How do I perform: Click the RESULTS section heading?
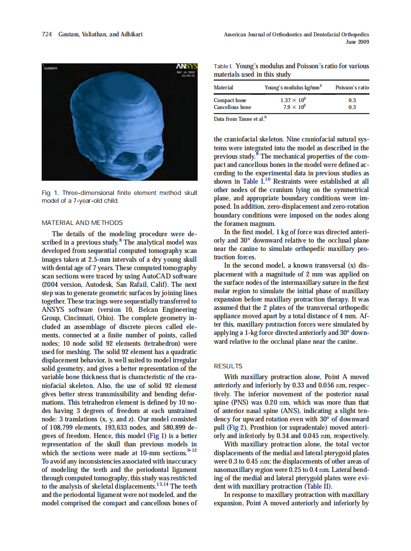(228, 366)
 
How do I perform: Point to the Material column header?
(223, 87)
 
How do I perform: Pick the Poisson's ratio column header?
(352, 87)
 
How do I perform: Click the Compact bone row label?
(230, 101)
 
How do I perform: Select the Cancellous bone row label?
(232, 107)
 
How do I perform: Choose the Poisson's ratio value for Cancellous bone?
(352, 107)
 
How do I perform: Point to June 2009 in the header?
(357, 42)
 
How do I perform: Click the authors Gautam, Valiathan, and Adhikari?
(101, 35)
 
